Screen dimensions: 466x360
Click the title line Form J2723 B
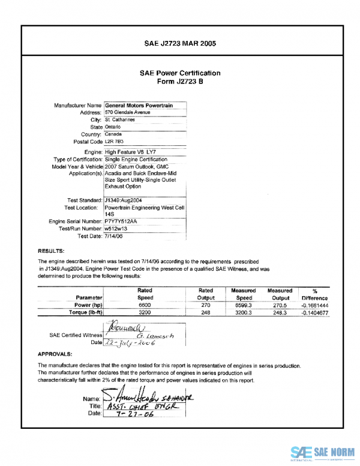(180, 81)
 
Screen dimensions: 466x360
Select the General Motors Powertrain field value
(139, 105)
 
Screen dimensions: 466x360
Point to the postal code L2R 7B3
(113, 142)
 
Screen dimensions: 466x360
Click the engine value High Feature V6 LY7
(129, 153)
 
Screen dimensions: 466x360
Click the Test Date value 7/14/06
(114, 236)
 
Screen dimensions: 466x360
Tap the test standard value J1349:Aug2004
(123, 199)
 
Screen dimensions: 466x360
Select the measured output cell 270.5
(280, 304)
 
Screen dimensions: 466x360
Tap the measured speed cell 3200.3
(244, 312)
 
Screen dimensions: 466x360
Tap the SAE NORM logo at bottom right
(322, 452)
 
